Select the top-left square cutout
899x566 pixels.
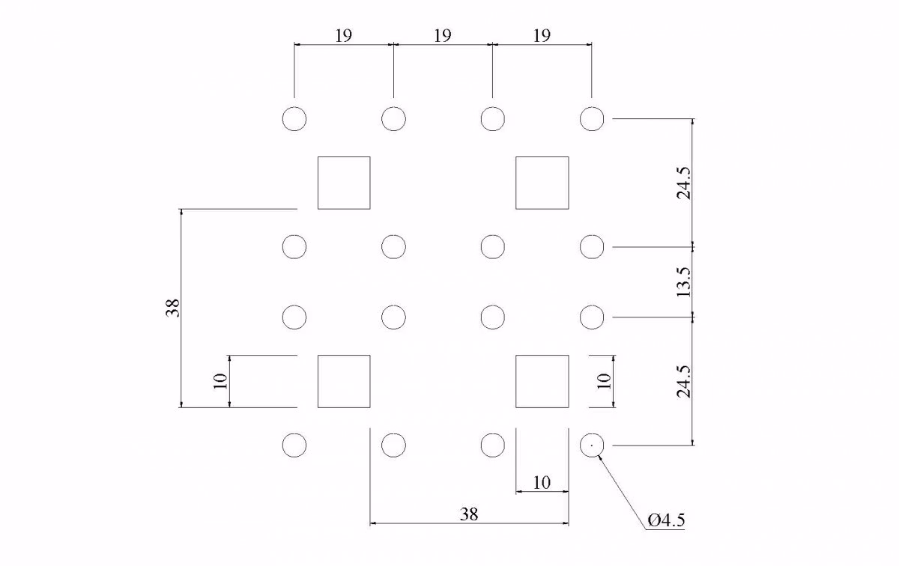tap(344, 183)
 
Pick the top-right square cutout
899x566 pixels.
tap(542, 183)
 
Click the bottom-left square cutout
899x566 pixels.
tap(344, 381)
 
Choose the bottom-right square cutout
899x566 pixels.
tap(542, 381)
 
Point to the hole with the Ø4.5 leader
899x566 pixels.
tap(592, 445)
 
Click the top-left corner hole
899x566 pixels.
tap(294, 119)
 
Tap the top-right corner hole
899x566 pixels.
tap(592, 119)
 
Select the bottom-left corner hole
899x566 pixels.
tap(294, 445)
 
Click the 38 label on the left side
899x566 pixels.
tap(174, 308)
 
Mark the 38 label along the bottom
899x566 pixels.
tap(469, 514)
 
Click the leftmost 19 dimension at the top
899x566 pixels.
tap(343, 35)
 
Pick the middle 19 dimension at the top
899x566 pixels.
tap(442, 35)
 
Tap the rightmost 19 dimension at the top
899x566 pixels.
tap(542, 35)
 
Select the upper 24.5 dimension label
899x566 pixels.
tap(683, 183)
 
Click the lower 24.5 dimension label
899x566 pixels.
tap(683, 381)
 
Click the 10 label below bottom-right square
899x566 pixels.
tap(542, 483)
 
